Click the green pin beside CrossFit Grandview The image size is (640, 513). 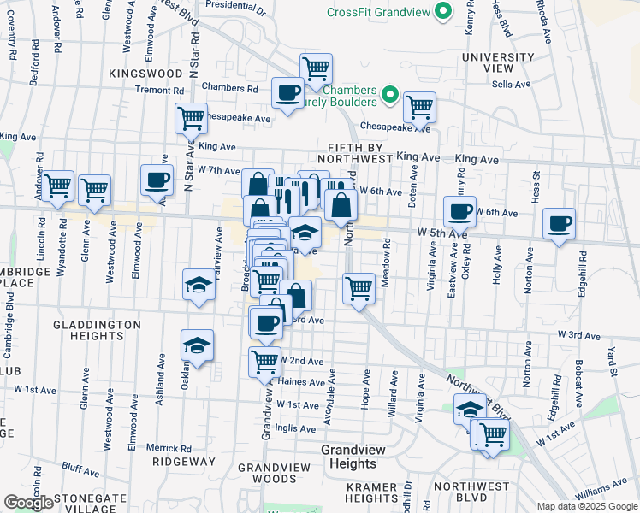tap(442, 12)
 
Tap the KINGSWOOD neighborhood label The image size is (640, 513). tap(146, 74)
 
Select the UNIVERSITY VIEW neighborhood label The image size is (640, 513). tap(498, 63)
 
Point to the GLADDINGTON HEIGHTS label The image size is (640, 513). tap(97, 330)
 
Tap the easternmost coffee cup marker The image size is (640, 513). tap(560, 225)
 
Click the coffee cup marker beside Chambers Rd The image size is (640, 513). tap(287, 92)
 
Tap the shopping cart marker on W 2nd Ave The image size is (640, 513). tap(264, 362)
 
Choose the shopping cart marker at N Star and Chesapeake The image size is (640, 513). tap(191, 118)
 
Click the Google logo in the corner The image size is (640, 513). tap(28, 503)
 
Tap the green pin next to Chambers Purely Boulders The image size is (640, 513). tap(390, 94)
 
